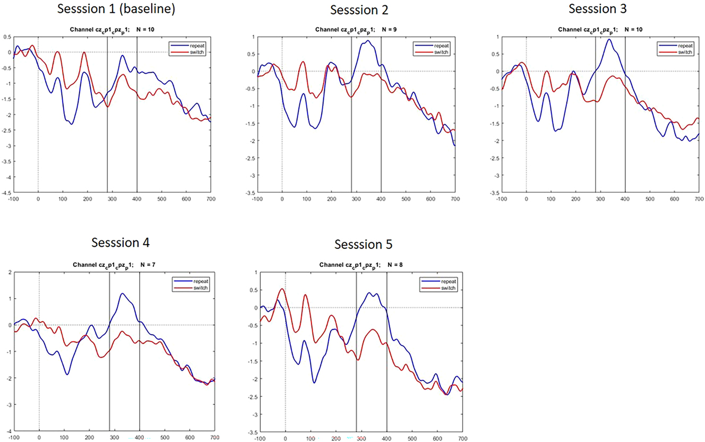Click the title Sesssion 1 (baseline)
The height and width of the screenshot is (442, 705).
[117, 11]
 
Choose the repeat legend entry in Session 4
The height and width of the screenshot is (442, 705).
[196, 280]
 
